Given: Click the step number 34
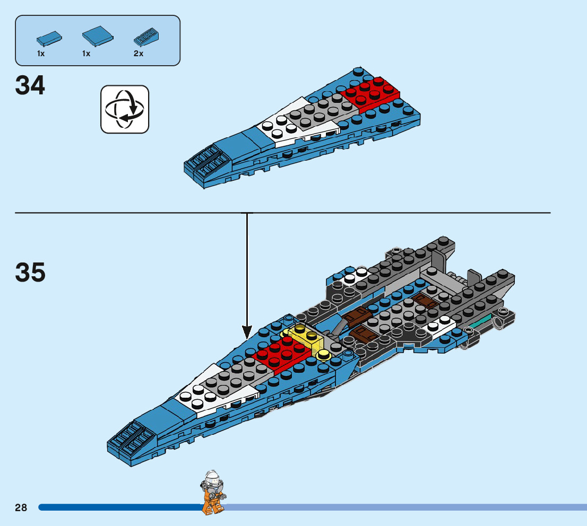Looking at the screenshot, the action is (x=30, y=85).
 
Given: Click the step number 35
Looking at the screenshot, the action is (x=30, y=273).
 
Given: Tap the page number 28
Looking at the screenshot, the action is (x=21, y=507).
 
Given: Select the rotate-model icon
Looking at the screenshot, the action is (x=125, y=109).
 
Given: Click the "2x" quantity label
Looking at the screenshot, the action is (x=139, y=54).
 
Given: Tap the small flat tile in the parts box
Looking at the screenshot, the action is (x=48, y=38).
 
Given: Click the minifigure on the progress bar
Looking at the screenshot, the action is (x=212, y=493).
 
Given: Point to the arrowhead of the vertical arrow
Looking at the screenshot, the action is (x=247, y=334).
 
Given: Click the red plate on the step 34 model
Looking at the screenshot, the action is (x=370, y=94).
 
